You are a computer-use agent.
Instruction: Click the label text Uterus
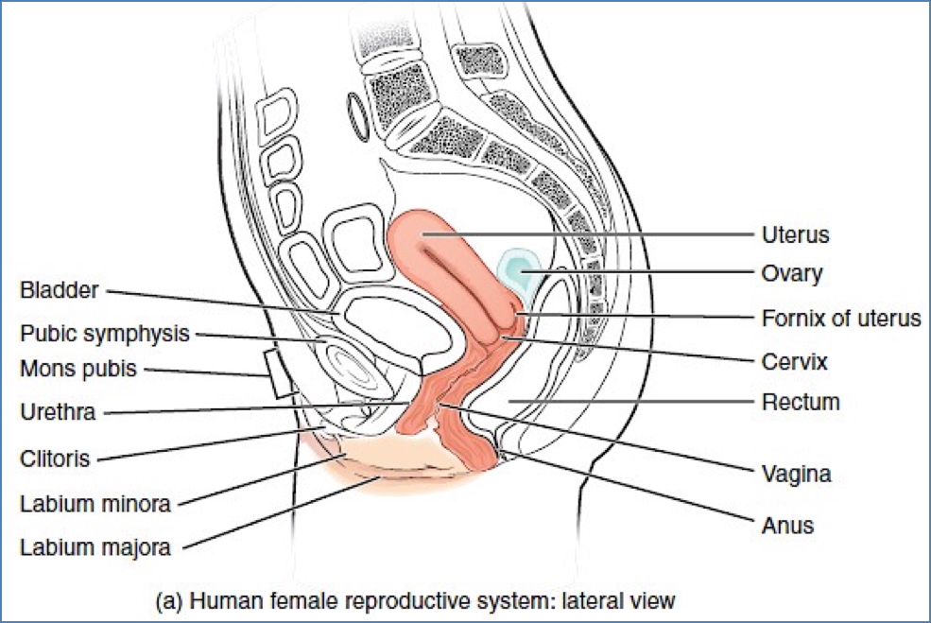(796, 234)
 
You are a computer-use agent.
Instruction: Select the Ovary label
(791, 274)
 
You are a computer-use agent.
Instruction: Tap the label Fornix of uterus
(840, 318)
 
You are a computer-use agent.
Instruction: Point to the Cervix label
(794, 361)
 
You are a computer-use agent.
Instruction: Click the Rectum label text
(800, 403)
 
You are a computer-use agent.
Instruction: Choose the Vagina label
(796, 473)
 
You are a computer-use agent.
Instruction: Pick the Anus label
(787, 525)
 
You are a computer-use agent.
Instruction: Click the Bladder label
(59, 289)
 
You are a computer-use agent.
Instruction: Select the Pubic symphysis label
(105, 334)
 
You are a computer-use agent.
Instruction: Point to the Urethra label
(59, 412)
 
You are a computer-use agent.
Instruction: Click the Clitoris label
(55, 459)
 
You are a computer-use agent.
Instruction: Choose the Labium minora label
(95, 504)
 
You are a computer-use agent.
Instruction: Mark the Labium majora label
(95, 546)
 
